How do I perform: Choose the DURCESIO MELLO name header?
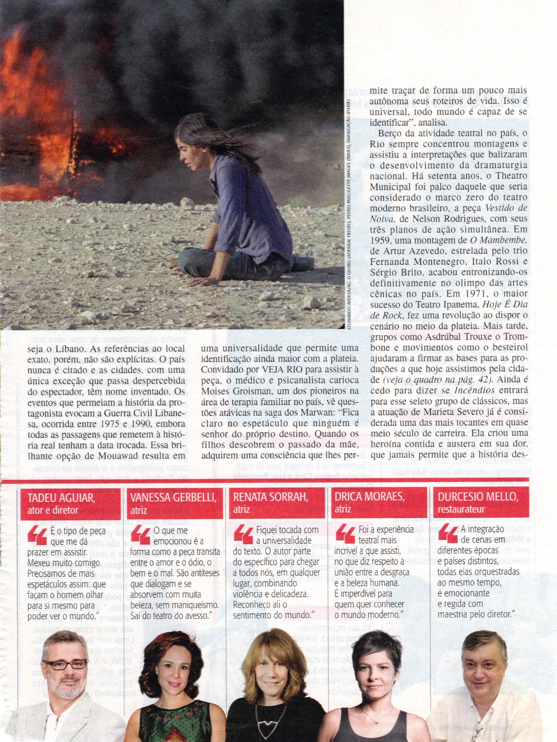point(477,497)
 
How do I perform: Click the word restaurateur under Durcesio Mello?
point(461,510)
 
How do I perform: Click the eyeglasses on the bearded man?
point(65,664)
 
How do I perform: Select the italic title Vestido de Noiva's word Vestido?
point(500,208)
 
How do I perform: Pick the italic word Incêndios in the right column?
point(464,390)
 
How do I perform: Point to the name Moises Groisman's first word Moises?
point(216,391)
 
